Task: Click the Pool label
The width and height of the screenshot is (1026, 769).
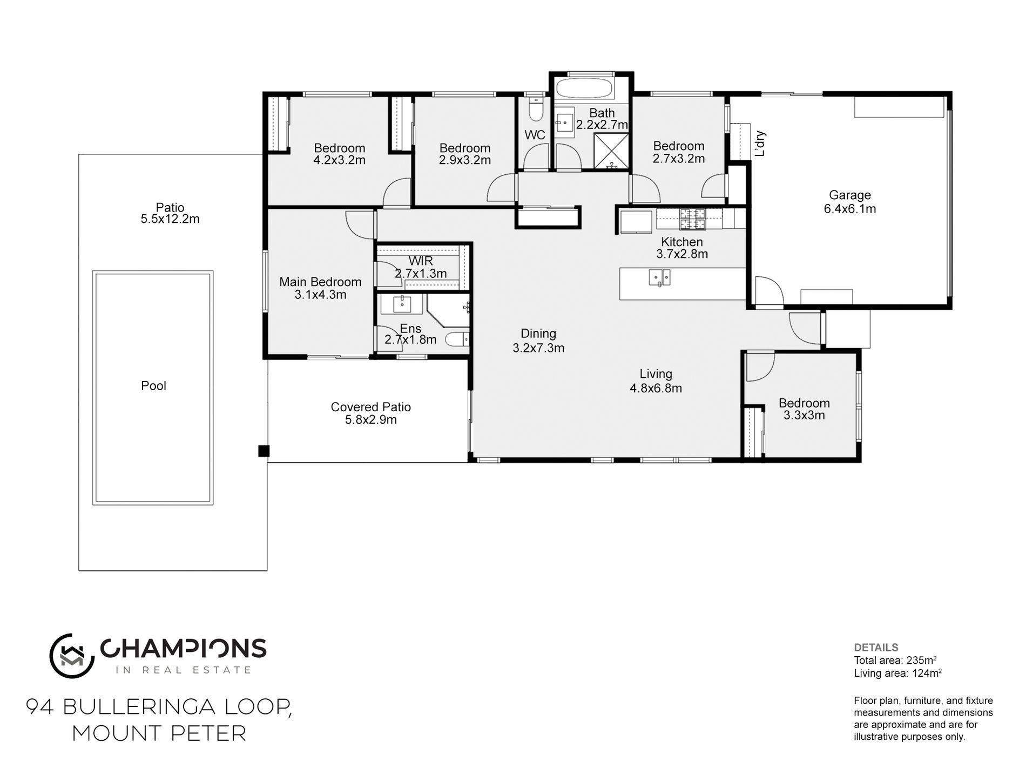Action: pyautogui.click(x=153, y=386)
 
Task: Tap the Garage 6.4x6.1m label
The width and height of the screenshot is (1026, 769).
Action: pyautogui.click(x=850, y=202)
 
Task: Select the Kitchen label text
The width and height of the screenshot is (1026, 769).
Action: pyautogui.click(x=682, y=242)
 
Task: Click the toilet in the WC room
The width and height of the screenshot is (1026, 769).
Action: pyautogui.click(x=535, y=110)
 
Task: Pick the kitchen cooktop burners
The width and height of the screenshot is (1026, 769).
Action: pyautogui.click(x=692, y=218)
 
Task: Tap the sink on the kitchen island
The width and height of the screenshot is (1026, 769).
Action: pyautogui.click(x=659, y=277)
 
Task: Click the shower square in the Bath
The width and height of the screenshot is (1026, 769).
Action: pyautogui.click(x=611, y=152)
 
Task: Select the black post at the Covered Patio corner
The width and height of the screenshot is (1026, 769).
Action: pyautogui.click(x=264, y=451)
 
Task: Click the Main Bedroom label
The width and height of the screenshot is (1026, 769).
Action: pyautogui.click(x=320, y=282)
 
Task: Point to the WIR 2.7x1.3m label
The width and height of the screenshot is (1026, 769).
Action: pyautogui.click(x=421, y=267)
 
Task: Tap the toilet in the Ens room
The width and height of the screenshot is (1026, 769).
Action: pyautogui.click(x=457, y=339)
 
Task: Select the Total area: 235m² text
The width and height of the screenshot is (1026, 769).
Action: pyautogui.click(x=895, y=660)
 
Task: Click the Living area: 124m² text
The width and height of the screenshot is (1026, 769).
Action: pyautogui.click(x=898, y=673)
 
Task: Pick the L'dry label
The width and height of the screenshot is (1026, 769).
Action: pyautogui.click(x=760, y=144)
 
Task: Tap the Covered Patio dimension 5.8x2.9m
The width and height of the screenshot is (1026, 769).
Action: pyautogui.click(x=371, y=420)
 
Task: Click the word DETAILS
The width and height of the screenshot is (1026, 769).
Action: pyautogui.click(x=876, y=648)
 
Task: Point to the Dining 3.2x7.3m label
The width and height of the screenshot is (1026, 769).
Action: pyautogui.click(x=538, y=341)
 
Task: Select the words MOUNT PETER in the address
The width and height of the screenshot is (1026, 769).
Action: pyautogui.click(x=159, y=733)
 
